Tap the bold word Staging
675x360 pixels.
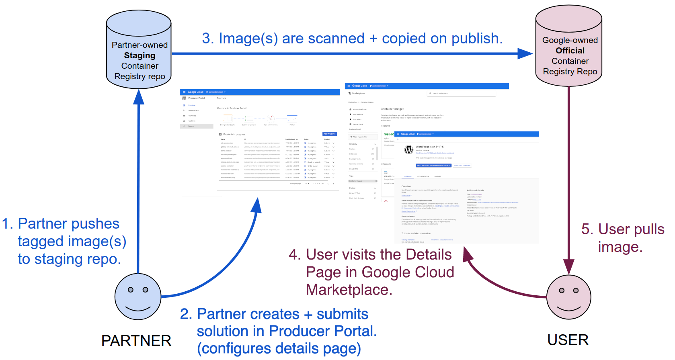[140, 55]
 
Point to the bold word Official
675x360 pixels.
[570, 51]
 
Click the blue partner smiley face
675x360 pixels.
[138, 297]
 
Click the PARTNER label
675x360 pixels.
[136, 341]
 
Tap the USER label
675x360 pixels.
[568, 340]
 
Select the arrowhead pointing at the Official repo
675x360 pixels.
[525, 53]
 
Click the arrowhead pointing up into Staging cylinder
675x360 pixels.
[139, 97]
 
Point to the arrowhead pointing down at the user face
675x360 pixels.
[569, 266]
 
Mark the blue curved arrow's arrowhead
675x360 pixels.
[257, 205]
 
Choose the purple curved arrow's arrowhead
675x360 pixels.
[468, 254]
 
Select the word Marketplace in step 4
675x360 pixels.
[349, 290]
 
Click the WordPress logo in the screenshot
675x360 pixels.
[409, 150]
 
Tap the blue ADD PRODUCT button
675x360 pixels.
[330, 134]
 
